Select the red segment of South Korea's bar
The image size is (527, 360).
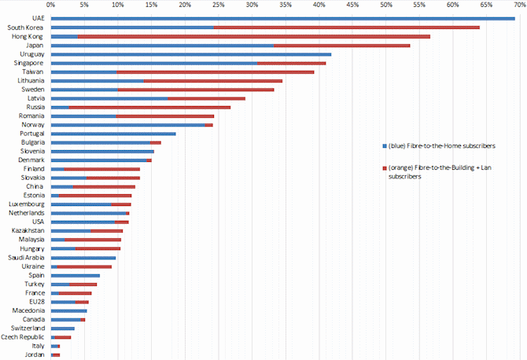346,28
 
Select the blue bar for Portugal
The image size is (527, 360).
113,134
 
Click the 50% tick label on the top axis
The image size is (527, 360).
385,6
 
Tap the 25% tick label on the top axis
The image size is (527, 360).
218,6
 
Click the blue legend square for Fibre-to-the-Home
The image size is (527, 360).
383,146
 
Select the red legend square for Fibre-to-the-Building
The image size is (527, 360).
383,167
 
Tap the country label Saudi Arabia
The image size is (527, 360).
26,258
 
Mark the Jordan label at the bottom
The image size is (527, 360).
35,354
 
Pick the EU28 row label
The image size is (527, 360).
36,302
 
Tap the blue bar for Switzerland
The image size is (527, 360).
63,329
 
